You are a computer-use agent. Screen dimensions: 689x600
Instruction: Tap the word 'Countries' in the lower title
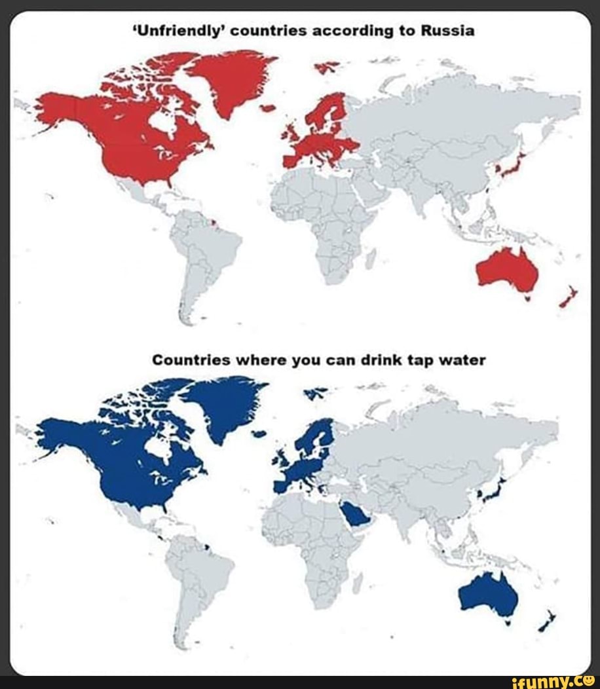[191, 360]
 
